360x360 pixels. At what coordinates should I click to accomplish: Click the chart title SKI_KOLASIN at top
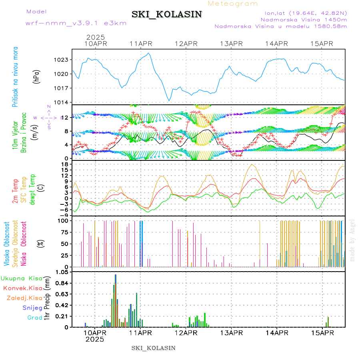167,14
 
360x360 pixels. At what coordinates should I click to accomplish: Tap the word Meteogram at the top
233,4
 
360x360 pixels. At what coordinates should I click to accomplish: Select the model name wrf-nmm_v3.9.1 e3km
76,23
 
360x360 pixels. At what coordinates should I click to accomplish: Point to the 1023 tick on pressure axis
62,60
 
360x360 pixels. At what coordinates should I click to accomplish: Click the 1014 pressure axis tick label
62,102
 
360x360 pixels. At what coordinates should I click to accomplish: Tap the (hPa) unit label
37,77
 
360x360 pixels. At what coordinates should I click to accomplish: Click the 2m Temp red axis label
15,191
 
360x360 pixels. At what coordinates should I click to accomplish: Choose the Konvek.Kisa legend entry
22,288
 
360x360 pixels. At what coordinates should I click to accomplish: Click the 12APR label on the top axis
186,44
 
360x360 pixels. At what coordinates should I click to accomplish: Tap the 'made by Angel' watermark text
352,240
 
